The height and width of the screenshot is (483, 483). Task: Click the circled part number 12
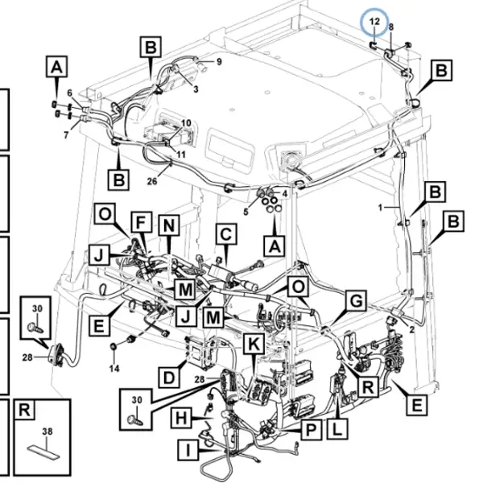[374, 22]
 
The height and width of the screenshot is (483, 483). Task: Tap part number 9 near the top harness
[219, 62]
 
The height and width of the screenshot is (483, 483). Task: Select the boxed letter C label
[226, 234]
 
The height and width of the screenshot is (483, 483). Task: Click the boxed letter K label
[254, 344]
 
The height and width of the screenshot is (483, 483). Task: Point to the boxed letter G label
[356, 300]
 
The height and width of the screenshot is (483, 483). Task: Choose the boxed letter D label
[169, 378]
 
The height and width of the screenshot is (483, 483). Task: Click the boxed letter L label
[337, 429]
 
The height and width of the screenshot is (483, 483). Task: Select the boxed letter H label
[181, 419]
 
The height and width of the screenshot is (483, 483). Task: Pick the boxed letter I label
[188, 450]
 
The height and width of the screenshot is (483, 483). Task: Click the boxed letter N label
[169, 225]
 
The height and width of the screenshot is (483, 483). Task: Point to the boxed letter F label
[141, 222]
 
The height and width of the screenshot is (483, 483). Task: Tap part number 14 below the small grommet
[114, 368]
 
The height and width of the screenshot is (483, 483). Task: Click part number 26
[152, 181]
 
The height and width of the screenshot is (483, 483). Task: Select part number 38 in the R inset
[47, 431]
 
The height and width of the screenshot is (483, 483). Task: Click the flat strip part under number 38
[44, 452]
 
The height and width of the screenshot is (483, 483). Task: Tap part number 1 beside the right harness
[381, 208]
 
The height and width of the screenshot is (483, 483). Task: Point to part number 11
[181, 154]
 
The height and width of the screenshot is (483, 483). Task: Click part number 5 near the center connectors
[246, 212]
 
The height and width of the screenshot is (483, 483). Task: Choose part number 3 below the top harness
[196, 89]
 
